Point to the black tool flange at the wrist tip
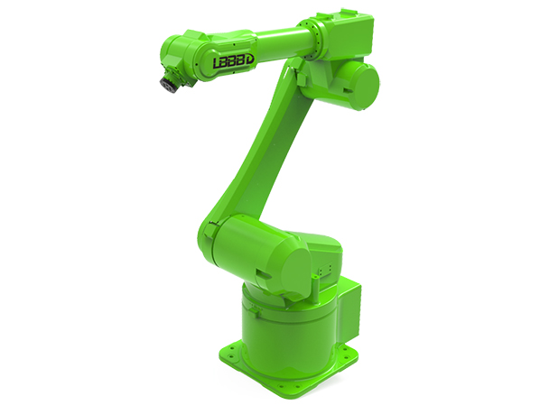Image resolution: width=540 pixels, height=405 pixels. click(x=168, y=86)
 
